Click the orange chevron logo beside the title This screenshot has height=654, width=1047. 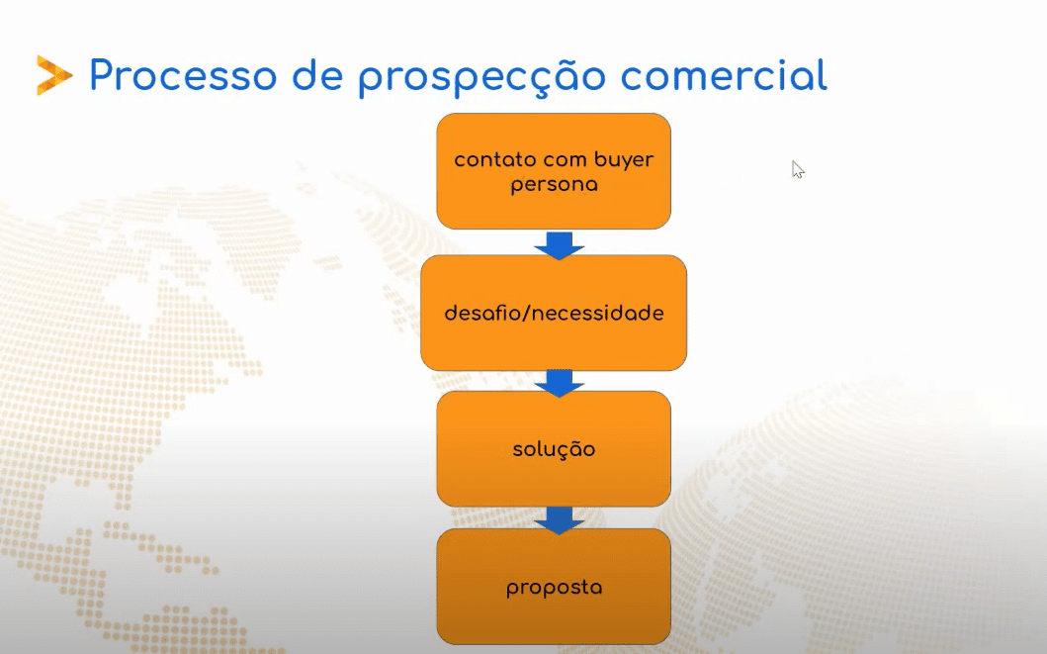[x=54, y=75]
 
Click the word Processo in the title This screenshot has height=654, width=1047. [x=183, y=75]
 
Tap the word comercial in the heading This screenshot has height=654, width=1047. [x=724, y=75]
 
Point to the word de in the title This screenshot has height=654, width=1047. [x=317, y=75]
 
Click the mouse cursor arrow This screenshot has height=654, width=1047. [x=798, y=169]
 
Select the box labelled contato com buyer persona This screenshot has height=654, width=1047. [x=554, y=171]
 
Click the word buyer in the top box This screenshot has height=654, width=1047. [x=624, y=161]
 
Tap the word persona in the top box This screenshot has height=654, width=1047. [x=555, y=185]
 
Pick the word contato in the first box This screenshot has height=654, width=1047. [x=495, y=159]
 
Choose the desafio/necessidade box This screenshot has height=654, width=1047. [x=554, y=313]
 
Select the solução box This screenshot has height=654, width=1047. [x=554, y=449]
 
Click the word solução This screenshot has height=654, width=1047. [x=554, y=449]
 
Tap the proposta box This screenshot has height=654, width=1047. [x=554, y=587]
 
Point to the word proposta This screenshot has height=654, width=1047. [x=555, y=589]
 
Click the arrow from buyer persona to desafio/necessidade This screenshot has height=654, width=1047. [x=560, y=245]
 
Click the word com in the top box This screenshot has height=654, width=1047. [x=566, y=161]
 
